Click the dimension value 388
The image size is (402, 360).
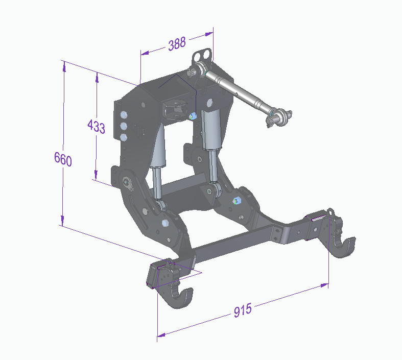point(177,44)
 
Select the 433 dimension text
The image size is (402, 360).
point(96,126)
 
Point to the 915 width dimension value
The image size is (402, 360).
point(243,310)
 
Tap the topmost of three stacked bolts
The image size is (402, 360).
point(123,114)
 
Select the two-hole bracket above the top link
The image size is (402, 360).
point(203,55)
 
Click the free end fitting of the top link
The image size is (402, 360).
point(278,117)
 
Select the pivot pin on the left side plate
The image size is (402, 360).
point(127,181)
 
